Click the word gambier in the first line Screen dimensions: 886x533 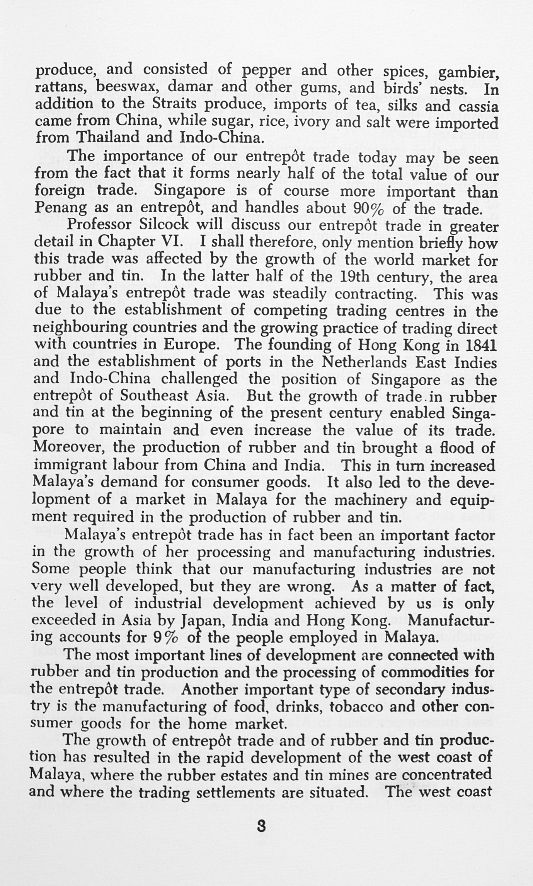[x=467, y=72]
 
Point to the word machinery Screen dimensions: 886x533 [x=365, y=500]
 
